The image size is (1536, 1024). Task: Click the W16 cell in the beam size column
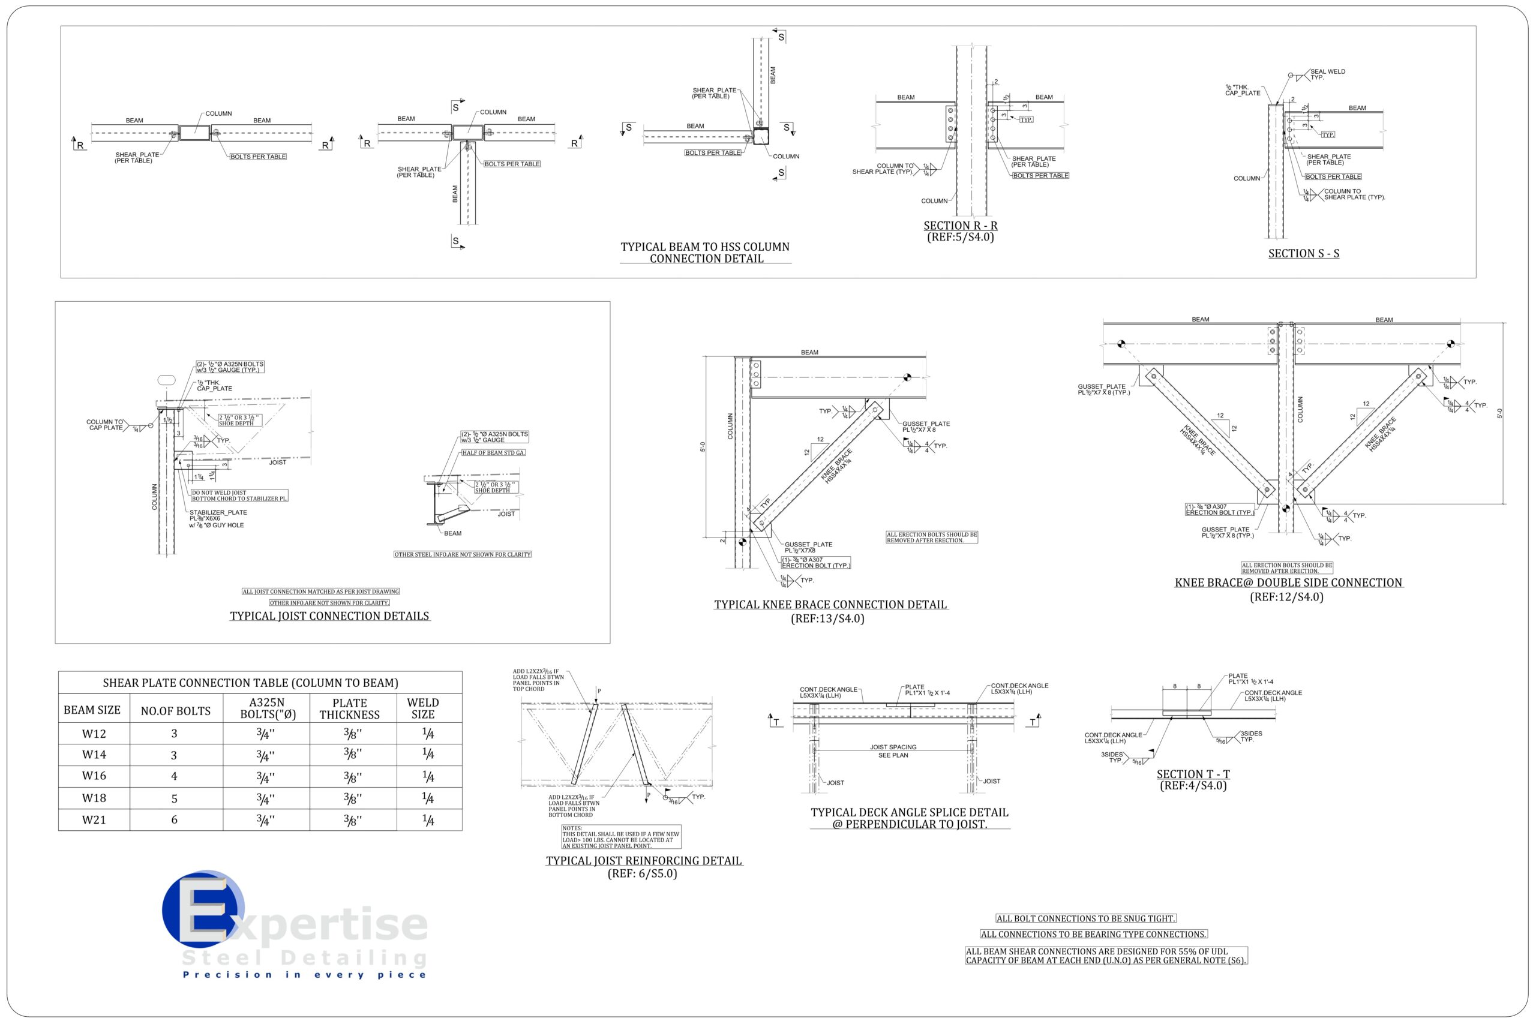pyautogui.click(x=94, y=776)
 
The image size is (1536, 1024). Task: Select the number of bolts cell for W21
pyautogui.click(x=175, y=819)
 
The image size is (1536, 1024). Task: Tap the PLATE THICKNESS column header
pyautogui.click(x=349, y=708)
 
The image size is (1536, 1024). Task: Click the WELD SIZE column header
pyautogui.click(x=422, y=708)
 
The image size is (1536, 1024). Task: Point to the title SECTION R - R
pyautogui.click(x=960, y=226)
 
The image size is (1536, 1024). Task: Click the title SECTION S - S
pyautogui.click(x=1304, y=253)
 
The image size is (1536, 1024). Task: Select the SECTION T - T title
pyautogui.click(x=1193, y=774)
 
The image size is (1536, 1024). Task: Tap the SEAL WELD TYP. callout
pyautogui.click(x=1327, y=74)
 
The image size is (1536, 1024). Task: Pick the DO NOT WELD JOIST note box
pyautogui.click(x=239, y=496)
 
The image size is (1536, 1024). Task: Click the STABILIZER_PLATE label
pyautogui.click(x=218, y=513)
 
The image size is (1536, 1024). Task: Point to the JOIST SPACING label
pyautogui.click(x=893, y=747)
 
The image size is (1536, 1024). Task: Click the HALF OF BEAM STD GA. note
pyautogui.click(x=493, y=452)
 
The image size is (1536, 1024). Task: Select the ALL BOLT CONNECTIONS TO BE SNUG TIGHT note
pyautogui.click(x=1085, y=918)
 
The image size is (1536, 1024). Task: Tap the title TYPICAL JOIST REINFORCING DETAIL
pyautogui.click(x=644, y=861)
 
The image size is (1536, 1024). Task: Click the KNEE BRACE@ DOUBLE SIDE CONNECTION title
pyautogui.click(x=1288, y=582)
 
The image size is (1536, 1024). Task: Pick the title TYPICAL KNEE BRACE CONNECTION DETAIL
pyautogui.click(x=830, y=605)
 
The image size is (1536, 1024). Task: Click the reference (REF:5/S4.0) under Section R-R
pyautogui.click(x=960, y=237)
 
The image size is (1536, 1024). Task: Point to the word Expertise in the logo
pyautogui.click(x=307, y=926)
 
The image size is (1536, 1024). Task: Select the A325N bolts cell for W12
pyautogui.click(x=266, y=734)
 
